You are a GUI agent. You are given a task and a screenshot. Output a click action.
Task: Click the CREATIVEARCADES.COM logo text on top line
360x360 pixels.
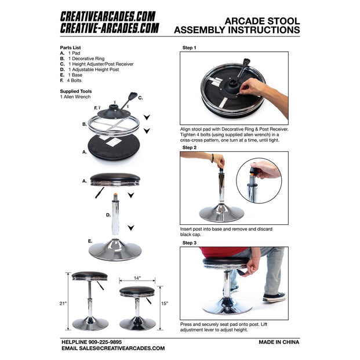108,16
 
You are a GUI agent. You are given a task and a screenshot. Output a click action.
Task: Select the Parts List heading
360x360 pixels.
73,48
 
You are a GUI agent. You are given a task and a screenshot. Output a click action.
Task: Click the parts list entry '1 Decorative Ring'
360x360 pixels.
88,59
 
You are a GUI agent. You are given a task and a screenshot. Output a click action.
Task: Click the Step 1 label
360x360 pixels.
190,48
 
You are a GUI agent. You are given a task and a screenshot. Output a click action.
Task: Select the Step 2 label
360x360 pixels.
190,148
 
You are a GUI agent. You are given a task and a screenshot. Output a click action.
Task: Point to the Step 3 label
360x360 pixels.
190,242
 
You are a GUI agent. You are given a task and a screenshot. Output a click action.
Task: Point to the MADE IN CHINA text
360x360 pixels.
279,342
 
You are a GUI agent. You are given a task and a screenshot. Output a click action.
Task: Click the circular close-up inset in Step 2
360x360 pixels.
259,181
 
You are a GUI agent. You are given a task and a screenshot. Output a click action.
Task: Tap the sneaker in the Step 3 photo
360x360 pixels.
274,297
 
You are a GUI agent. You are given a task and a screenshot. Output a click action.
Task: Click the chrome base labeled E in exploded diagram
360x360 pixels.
115,250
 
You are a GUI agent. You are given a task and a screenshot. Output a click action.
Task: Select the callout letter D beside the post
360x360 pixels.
108,214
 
